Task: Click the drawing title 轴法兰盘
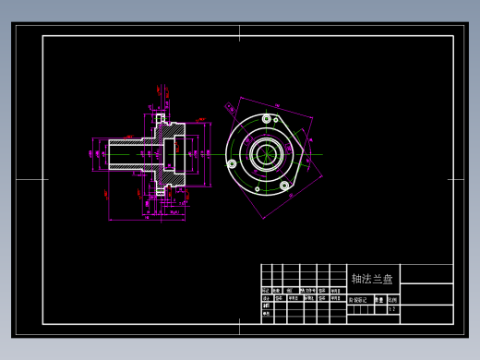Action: [372, 278]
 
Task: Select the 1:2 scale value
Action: [391, 310]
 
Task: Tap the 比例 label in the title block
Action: [391, 299]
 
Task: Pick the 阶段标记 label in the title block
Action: [357, 299]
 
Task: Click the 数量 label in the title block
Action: [378, 299]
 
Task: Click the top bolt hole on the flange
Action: [267, 118]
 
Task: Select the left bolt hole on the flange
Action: [231, 163]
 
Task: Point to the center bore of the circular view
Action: [266, 153]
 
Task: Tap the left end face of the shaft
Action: [109, 154]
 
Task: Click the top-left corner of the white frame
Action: [42, 36]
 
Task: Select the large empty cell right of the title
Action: [426, 274]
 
